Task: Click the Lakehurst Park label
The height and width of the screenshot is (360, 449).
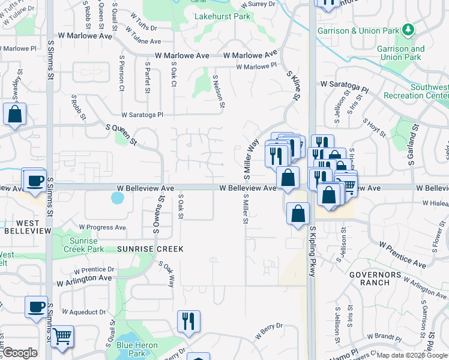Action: pyautogui.click(x=222, y=16)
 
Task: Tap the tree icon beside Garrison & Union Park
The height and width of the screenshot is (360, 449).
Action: pyautogui.click(x=408, y=29)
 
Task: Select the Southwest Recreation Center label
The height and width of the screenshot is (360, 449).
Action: pyautogui.click(x=429, y=91)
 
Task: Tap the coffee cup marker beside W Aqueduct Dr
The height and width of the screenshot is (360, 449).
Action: pyautogui.click(x=36, y=307)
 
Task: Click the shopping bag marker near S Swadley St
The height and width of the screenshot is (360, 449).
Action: pyautogui.click(x=14, y=113)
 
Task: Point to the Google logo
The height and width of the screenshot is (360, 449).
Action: pyautogui.click(x=19, y=353)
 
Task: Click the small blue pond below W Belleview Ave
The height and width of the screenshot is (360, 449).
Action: pyautogui.click(x=118, y=197)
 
